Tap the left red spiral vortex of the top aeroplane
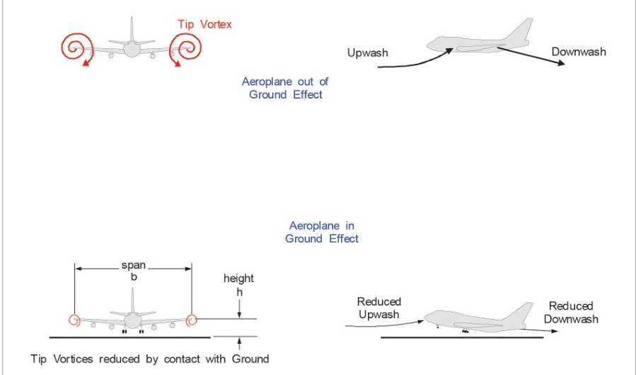click(x=74, y=48)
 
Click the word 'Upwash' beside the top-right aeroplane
click(x=368, y=53)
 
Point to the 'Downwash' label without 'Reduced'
click(x=579, y=52)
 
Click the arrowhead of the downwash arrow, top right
click(x=561, y=63)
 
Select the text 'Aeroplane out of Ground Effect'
click(x=285, y=88)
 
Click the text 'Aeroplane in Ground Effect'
click(x=322, y=232)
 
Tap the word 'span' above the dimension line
click(x=133, y=265)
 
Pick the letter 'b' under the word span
click(x=133, y=277)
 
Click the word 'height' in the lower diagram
click(x=238, y=279)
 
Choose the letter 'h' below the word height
click(x=238, y=291)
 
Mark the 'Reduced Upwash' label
click(x=378, y=308)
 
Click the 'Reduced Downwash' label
click(x=571, y=313)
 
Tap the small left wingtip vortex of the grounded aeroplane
click(x=74, y=320)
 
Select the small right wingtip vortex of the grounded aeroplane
click(x=191, y=320)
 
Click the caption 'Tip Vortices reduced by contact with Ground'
click(x=150, y=359)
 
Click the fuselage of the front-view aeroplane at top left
click(x=132, y=48)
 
